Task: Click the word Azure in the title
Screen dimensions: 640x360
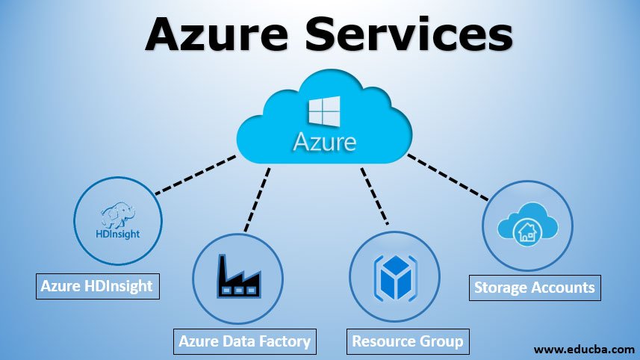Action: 217,34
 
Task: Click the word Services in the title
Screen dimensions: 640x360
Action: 409,34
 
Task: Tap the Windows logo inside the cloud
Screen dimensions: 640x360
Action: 325,111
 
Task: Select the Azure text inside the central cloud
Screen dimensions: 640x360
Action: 325,142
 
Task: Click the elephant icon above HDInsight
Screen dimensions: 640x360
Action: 118,214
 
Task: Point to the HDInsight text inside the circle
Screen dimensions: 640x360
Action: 118,234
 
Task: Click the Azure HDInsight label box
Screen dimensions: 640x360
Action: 98,286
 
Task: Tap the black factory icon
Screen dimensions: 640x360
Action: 239,276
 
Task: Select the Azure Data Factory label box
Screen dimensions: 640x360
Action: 245,341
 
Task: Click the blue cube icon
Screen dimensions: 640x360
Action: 396,278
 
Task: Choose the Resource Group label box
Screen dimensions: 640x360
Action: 408,341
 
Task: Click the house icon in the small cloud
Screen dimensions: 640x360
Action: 527,232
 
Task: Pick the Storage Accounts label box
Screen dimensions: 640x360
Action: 535,288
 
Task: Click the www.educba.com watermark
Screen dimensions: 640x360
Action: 584,350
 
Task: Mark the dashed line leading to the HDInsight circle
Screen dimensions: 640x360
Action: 196,174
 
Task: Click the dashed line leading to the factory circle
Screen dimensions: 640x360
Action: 257,199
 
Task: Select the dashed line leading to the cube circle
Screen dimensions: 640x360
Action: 374,196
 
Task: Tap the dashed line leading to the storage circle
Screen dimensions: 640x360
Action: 448,177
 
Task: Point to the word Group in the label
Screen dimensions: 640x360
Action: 443,341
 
